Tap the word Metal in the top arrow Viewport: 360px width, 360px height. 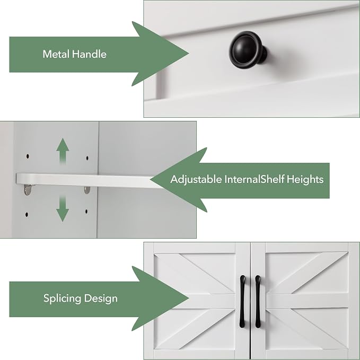(56, 54)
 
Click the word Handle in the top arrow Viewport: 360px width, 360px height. (89, 54)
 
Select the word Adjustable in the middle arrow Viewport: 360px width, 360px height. (196, 179)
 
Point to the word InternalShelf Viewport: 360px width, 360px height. (254, 179)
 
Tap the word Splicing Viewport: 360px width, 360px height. (62, 298)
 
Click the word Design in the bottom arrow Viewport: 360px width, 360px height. (101, 298)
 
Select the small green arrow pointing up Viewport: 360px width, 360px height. (63, 151)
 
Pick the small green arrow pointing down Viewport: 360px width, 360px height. (63, 208)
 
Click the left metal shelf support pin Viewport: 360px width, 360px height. (28, 190)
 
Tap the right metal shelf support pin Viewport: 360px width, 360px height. (87, 190)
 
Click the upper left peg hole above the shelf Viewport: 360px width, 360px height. (28, 156)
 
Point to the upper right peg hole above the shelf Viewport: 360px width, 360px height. (87, 158)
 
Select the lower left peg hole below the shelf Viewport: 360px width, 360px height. (27, 215)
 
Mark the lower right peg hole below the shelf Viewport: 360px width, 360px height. (86, 211)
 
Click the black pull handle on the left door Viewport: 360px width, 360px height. (242, 301)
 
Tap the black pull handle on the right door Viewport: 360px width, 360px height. (258, 301)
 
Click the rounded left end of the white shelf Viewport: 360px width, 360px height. (17, 178)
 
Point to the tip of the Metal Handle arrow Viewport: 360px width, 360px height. (189, 54)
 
